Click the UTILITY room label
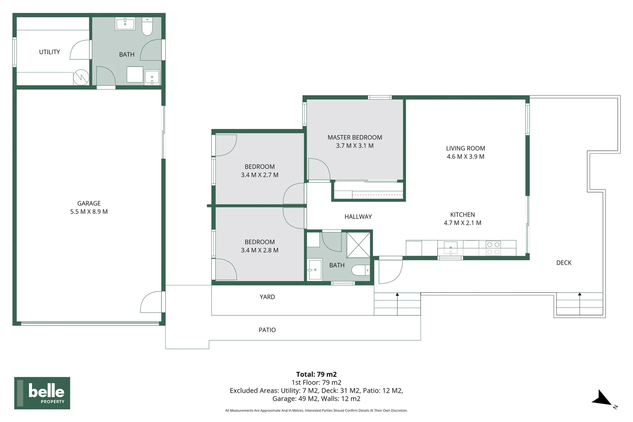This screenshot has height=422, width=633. pos(49,52)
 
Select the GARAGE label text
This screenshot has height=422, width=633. pos(89,203)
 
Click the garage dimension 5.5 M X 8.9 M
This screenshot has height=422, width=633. pos(89,212)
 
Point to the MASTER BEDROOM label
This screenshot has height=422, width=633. pos(354,138)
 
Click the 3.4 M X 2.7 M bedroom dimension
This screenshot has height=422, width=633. pos(259,175)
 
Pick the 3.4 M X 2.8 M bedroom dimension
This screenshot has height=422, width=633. pos(259,250)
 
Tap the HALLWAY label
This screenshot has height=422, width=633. pos(358,217)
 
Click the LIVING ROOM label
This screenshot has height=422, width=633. pos(465,148)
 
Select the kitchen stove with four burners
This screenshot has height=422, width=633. pos(493,248)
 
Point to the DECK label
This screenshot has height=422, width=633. pos(563,263)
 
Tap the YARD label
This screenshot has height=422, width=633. pos(267,297)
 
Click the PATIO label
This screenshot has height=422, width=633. pos(267,330)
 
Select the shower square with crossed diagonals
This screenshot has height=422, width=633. pos(358,245)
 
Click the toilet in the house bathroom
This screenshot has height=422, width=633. pos(360,270)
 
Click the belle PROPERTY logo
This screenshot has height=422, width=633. pos(42,393)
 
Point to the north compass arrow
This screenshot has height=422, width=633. pos(603,399)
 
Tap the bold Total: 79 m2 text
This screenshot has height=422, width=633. pos(316,374)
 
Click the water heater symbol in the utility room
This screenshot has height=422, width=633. pos(81,77)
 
